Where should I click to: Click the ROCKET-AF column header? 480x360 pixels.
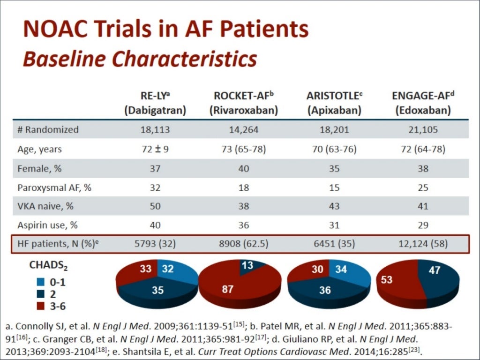[243, 104]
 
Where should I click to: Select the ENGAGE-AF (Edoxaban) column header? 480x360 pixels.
[423, 104]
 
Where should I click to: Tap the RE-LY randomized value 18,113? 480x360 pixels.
[154, 130]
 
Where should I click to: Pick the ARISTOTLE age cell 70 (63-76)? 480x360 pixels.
[333, 150]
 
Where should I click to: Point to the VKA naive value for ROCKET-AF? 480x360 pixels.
[243, 206]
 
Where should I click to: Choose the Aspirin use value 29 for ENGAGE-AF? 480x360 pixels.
[423, 225]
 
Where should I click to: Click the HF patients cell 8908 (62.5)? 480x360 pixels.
[243, 244]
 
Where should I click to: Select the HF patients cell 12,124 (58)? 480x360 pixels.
[423, 244]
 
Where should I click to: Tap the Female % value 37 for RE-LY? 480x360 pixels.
[154, 168]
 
